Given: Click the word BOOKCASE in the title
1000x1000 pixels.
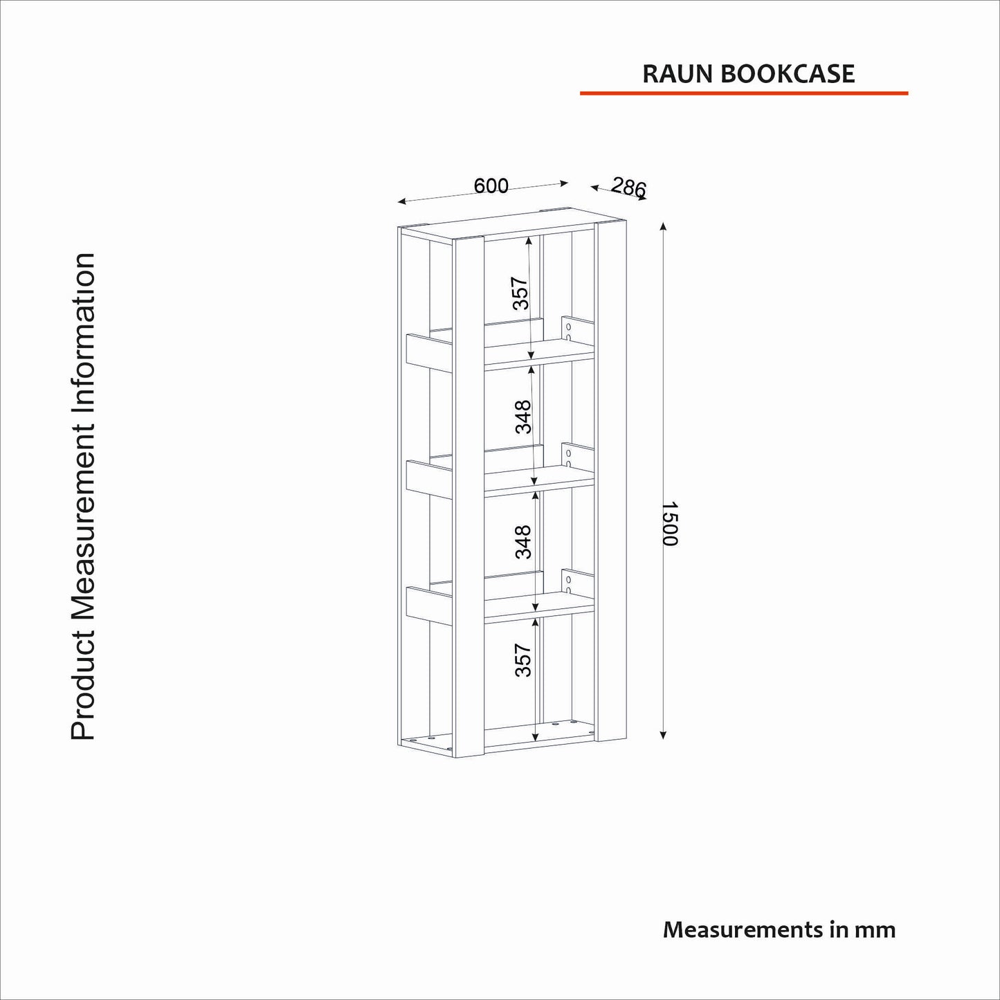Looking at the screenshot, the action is [x=788, y=74].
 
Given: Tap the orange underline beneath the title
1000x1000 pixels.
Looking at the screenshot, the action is [x=744, y=93].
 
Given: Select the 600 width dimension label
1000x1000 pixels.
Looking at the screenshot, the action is [x=491, y=185].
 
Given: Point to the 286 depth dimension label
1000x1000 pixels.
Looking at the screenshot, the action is [x=628, y=187].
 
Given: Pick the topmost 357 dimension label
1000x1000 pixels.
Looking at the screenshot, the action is [x=520, y=293].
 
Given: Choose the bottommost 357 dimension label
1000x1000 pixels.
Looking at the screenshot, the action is [x=523, y=660].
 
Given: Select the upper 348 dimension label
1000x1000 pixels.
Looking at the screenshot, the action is [x=523, y=417].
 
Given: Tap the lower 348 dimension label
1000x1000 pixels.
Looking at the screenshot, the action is [x=523, y=542].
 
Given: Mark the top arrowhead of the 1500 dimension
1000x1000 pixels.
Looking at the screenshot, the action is [x=663, y=227].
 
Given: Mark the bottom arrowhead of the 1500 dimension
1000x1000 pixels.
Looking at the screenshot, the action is [x=663, y=734].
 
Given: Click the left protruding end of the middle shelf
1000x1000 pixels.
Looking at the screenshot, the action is [x=430, y=478].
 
